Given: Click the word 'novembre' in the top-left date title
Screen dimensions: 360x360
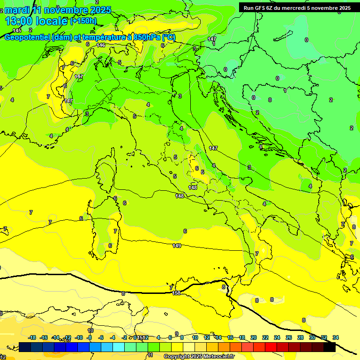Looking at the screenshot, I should [69, 10].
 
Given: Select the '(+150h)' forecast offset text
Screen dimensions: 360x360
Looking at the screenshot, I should [83, 21].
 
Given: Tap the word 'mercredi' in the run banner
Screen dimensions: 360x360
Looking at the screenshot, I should [293, 8].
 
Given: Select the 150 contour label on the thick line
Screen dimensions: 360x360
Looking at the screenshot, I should [177, 293].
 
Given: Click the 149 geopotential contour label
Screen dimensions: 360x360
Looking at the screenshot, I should [177, 246].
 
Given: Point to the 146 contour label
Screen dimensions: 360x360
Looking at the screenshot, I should [101, 45].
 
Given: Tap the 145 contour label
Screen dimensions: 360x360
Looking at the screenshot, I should [17, 30].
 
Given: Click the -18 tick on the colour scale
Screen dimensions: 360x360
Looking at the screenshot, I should [32, 337].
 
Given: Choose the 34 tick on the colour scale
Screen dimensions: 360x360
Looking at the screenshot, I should [336, 337].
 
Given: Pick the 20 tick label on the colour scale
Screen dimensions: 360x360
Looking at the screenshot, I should [254, 337].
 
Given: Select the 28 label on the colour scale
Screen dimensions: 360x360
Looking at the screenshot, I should [300, 337].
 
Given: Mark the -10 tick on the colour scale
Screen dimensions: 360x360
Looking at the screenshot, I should [79, 337].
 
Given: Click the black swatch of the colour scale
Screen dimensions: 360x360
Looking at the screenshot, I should [330, 347].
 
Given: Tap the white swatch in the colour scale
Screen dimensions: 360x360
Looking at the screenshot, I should [189, 347].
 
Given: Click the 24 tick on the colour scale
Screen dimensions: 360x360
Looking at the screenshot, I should [277, 337].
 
